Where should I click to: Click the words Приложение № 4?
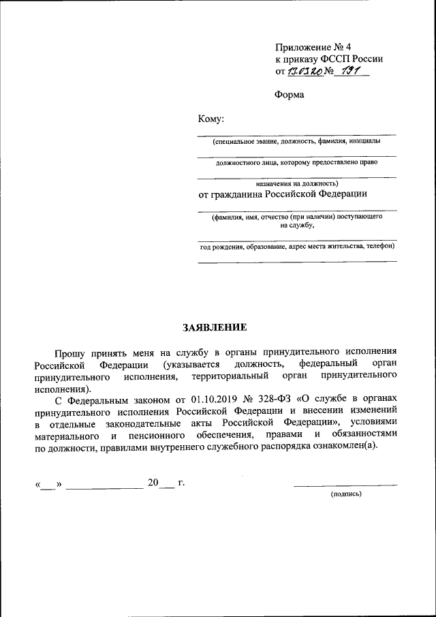pos(313,47)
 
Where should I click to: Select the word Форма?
pos(290,95)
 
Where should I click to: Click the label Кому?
pos(211,119)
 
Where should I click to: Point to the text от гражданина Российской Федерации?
pos(283,194)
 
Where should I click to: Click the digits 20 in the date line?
pos(153,483)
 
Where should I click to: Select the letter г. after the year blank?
pos(181,483)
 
